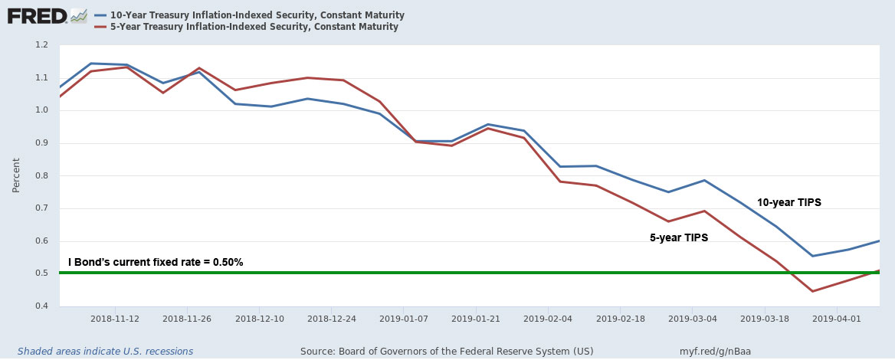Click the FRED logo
tap(37, 16)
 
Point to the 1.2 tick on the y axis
tap(42, 45)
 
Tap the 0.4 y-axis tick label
tap(42, 306)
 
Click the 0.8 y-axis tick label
tap(42, 175)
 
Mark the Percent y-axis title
tap(16, 175)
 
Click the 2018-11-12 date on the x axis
tap(115, 318)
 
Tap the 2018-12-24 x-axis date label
tap(332, 318)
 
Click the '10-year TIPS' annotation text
tap(788, 203)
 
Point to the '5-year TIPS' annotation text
tap(679, 238)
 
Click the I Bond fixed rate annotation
tap(156, 262)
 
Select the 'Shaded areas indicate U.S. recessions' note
tap(105, 351)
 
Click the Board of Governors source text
tap(436, 351)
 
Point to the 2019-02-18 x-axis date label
tap(621, 318)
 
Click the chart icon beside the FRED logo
tap(78, 15)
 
